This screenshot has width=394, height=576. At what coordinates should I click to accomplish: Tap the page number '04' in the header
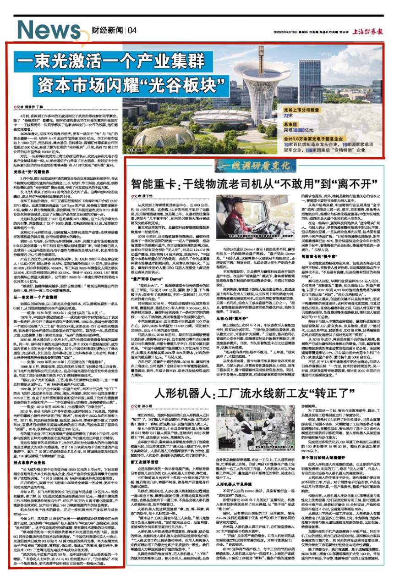coord(132,31)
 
